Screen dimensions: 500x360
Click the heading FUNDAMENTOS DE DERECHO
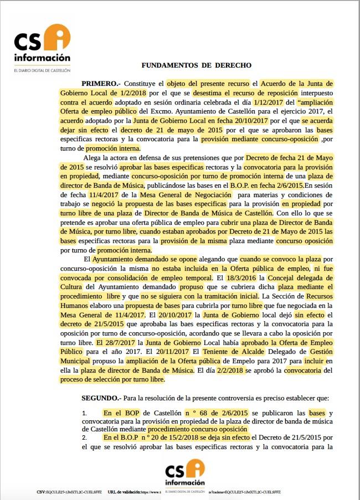click(196, 65)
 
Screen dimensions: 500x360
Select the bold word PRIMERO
click(99, 82)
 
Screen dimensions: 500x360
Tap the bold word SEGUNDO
click(100, 398)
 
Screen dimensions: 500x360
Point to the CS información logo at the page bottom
click(187, 473)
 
